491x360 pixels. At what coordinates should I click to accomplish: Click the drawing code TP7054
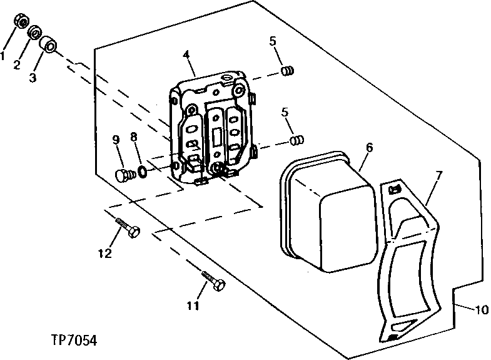(74, 341)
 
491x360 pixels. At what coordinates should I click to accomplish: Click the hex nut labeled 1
(21, 23)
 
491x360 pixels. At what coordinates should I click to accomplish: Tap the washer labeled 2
(34, 31)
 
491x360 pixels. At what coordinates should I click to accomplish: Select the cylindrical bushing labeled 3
(49, 46)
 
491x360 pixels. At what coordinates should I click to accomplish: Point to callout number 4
(186, 55)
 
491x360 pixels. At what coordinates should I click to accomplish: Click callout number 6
(369, 148)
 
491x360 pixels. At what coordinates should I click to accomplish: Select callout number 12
(104, 254)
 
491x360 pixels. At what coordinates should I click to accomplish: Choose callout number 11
(193, 306)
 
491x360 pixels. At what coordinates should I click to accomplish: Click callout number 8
(133, 136)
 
